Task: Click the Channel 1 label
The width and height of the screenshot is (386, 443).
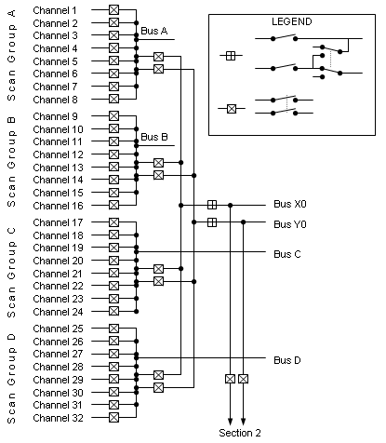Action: (56, 9)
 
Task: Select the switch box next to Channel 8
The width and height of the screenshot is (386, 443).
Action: (113, 98)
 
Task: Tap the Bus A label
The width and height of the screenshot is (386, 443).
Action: (153, 31)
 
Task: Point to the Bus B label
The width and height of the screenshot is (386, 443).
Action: (153, 138)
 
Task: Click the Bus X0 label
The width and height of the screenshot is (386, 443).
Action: (290, 204)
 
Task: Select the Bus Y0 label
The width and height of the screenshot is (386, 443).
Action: (290, 223)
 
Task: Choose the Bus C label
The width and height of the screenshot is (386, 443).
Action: (287, 253)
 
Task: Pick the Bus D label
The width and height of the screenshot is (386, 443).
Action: (287, 360)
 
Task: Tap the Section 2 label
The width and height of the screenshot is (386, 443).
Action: (240, 434)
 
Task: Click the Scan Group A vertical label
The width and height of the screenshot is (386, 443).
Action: (11, 55)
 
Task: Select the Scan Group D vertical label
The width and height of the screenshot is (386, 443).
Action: (11, 373)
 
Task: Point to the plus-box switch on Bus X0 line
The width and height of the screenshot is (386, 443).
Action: (212, 205)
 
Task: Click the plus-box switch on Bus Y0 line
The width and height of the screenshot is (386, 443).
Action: (212, 221)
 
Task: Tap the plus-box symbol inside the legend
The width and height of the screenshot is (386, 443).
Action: (231, 56)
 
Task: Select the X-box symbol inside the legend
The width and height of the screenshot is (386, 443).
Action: (231, 109)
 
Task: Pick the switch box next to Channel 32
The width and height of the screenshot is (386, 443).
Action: (113, 418)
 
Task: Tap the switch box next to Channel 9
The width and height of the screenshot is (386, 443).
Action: (113, 115)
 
